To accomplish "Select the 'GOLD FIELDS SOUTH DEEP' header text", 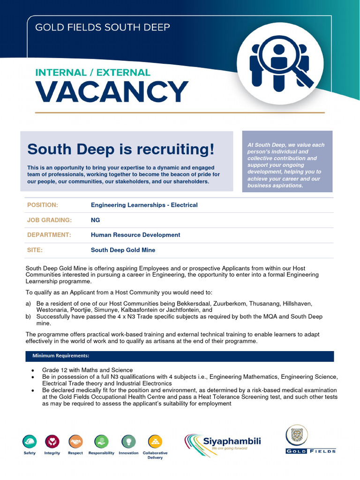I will [103, 27].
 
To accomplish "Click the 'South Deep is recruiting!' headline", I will [120, 150].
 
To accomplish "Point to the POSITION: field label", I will [43, 205].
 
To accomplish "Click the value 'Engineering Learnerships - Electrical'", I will [144, 205].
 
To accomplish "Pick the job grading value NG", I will [95, 220].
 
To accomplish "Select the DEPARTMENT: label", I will [49, 235].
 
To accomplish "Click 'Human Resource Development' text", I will [135, 235].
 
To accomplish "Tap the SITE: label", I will [35, 250].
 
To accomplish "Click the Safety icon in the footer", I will [29, 441].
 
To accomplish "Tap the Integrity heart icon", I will [52, 441].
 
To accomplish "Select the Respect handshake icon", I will [75, 441].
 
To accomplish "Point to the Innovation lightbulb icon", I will [128, 441].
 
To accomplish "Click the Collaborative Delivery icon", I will [155, 441].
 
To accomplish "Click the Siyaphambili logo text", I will [232, 441].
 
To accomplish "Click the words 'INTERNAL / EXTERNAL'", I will [93, 73].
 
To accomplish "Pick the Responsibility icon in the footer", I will [101, 441].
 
